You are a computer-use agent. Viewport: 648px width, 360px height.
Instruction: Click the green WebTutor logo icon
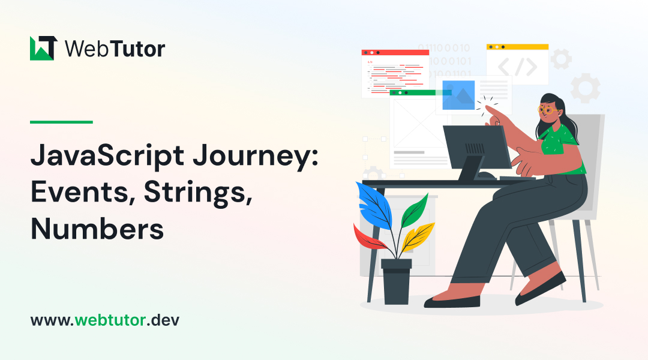coord(43,48)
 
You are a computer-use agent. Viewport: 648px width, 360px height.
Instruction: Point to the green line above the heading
coord(61,122)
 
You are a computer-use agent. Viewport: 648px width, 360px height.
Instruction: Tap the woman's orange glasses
coord(547,110)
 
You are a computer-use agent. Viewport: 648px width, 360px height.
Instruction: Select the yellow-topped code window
coord(517,63)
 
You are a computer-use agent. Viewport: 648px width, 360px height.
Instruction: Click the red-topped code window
coord(395,72)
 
